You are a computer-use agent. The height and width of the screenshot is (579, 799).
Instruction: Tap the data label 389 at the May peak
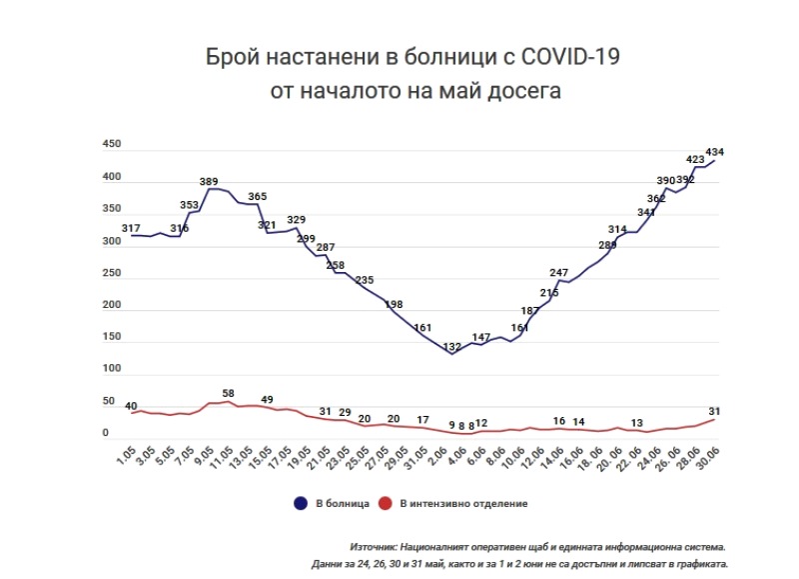pyautogui.click(x=209, y=181)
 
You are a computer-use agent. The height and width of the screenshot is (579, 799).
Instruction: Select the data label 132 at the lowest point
pyautogui.click(x=451, y=347)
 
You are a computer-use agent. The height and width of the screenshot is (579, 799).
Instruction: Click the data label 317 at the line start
pyautogui.click(x=131, y=229)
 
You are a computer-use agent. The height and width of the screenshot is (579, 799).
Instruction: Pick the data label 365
pyautogui.click(x=258, y=197)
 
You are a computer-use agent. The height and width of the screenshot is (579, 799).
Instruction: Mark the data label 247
pyautogui.click(x=559, y=272)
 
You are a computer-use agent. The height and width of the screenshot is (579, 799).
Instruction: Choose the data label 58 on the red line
pyautogui.click(x=229, y=394)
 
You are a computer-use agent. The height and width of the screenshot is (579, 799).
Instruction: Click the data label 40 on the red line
pyautogui.click(x=131, y=405)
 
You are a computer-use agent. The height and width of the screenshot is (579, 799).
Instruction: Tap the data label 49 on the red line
pyautogui.click(x=267, y=400)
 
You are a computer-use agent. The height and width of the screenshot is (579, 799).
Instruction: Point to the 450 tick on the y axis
pyautogui.click(x=112, y=145)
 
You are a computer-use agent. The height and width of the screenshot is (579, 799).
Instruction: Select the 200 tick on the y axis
pyautogui.click(x=112, y=306)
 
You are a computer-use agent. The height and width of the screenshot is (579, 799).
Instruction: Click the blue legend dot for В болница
pyautogui.click(x=300, y=503)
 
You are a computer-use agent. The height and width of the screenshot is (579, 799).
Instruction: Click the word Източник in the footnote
pyautogui.click(x=373, y=547)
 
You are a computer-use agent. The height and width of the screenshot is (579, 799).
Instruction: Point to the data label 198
pyautogui.click(x=395, y=304)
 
